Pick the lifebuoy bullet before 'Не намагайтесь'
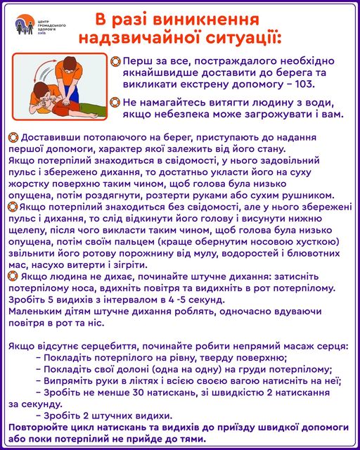coord(115,102)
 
